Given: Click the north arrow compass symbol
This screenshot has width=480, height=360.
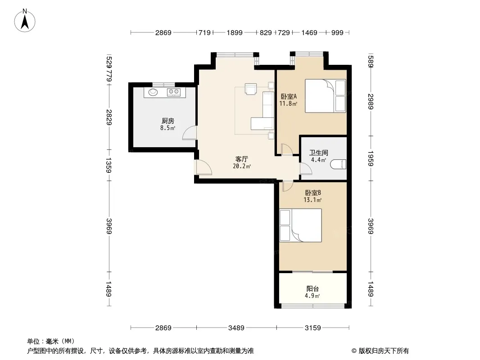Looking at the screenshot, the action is pyautogui.click(x=25, y=21).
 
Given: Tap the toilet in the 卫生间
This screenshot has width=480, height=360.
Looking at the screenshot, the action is pyautogui.click(x=338, y=164).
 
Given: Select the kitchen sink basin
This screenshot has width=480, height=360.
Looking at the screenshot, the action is pyautogui.click(x=153, y=92).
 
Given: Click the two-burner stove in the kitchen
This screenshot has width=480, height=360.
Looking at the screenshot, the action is pyautogui.click(x=173, y=91).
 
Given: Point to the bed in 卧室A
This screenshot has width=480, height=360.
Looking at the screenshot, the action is pyautogui.click(x=326, y=96).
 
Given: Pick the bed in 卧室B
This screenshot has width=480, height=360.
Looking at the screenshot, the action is pyautogui.click(x=301, y=225).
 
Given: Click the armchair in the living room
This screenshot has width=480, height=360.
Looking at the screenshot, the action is pyautogui.click(x=251, y=89).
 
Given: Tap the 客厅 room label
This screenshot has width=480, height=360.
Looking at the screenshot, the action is pyautogui.click(x=241, y=159).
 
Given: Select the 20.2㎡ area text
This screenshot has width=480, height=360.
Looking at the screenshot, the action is pyautogui.click(x=242, y=166).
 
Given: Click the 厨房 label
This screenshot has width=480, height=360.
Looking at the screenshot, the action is pyautogui.click(x=168, y=121).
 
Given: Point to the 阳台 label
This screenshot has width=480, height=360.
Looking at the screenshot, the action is pyautogui.click(x=312, y=288).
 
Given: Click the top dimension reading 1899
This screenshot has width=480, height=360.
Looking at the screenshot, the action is pyautogui.click(x=235, y=32).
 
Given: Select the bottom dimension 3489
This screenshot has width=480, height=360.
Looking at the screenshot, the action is pyautogui.click(x=236, y=328).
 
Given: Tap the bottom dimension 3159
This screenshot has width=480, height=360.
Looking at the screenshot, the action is pyautogui.click(x=313, y=328).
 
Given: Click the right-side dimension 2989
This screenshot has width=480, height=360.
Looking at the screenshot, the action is pyautogui.click(x=371, y=102).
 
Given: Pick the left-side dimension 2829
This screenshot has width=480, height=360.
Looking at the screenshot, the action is pyautogui.click(x=109, y=117).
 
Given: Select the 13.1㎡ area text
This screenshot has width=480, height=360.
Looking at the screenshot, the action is pyautogui.click(x=312, y=200).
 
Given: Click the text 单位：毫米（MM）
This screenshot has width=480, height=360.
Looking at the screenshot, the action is pyautogui.click(x=51, y=342).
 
